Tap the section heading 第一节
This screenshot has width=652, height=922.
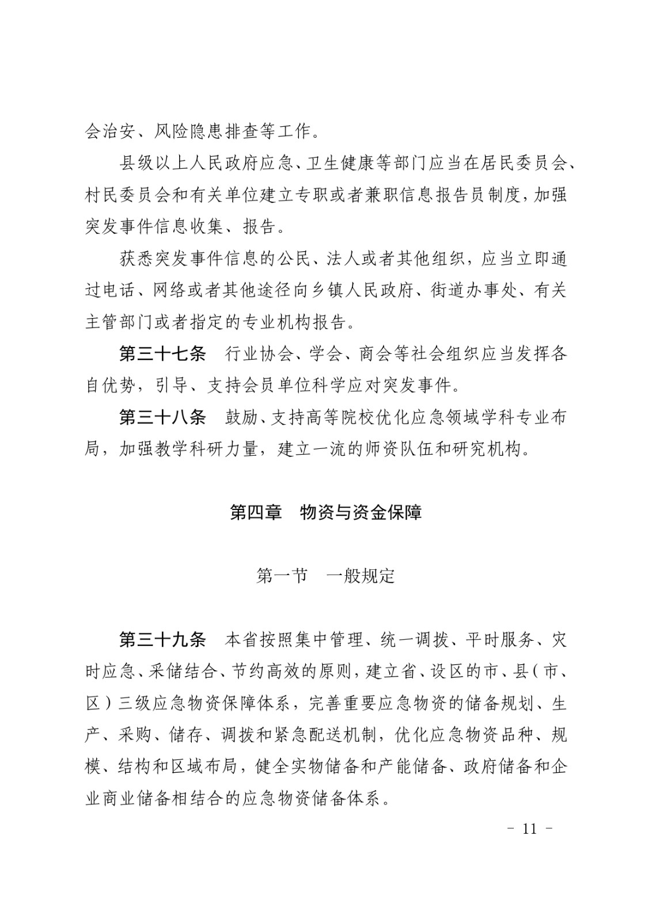click(282, 576)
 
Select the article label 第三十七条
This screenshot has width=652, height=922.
click(162, 354)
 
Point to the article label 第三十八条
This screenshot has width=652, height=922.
click(162, 417)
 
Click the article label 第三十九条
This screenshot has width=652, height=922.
click(162, 639)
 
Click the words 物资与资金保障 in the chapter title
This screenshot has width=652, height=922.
click(361, 512)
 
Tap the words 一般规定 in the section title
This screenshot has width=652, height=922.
click(361, 576)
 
